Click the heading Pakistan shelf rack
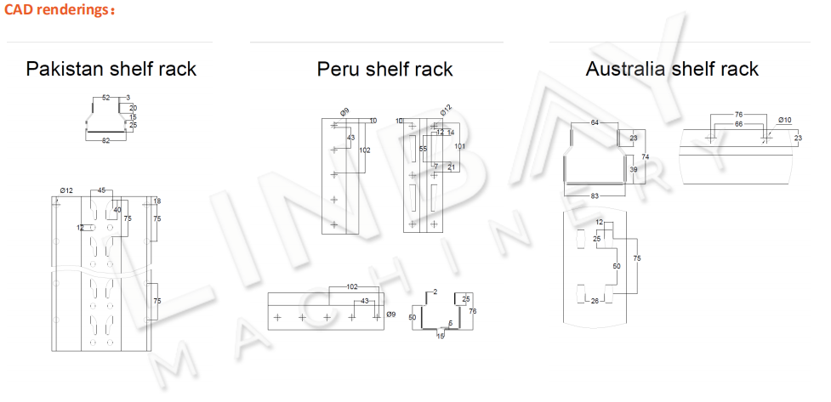[x=111, y=69]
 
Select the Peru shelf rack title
[x=384, y=69]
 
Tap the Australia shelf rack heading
[x=672, y=69]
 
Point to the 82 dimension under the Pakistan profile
[x=105, y=139]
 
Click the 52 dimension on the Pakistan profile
[x=105, y=98]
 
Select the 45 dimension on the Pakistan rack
[x=102, y=190]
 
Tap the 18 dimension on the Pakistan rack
[x=157, y=201]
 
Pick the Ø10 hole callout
[x=784, y=120]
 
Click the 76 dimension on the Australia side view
[x=738, y=114]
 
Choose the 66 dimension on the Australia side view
[x=738, y=124]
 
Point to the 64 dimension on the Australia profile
[x=595, y=123]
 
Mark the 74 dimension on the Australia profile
[x=646, y=157]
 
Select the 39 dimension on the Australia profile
[x=633, y=170]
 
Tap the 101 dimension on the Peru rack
[x=460, y=146]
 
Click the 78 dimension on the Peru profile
[x=473, y=312]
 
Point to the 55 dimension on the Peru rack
[x=423, y=149]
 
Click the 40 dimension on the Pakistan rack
[x=117, y=210]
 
